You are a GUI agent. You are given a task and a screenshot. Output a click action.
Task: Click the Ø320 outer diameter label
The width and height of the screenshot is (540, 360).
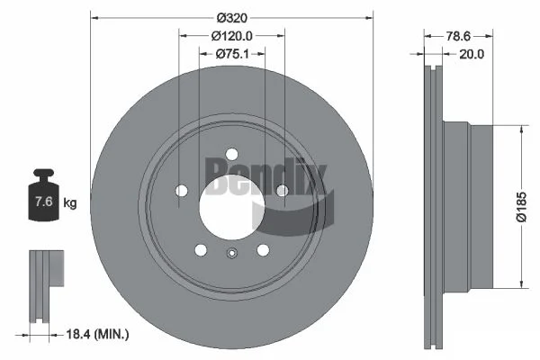pos(232,18)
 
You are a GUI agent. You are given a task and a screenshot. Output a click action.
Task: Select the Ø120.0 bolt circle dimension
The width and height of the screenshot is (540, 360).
pos(232,36)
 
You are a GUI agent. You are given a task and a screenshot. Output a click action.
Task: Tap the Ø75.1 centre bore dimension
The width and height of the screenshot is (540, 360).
pos(232,54)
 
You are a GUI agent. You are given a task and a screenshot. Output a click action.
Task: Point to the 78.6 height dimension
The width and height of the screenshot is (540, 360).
pos(458,36)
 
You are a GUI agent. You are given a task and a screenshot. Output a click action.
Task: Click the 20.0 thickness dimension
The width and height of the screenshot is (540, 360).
pos(472,54)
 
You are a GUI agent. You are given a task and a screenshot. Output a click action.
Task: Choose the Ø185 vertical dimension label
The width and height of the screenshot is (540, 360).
pos(521,207)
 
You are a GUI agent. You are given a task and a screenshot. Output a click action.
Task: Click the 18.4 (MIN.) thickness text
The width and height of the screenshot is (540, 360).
pos(97,334)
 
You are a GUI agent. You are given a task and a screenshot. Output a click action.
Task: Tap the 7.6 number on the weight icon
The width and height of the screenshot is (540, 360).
pos(44,202)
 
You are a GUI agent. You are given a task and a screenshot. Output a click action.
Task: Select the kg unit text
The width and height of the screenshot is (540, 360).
pos(70,202)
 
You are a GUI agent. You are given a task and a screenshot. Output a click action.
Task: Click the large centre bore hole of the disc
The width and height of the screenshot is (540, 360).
pos(232,207)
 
